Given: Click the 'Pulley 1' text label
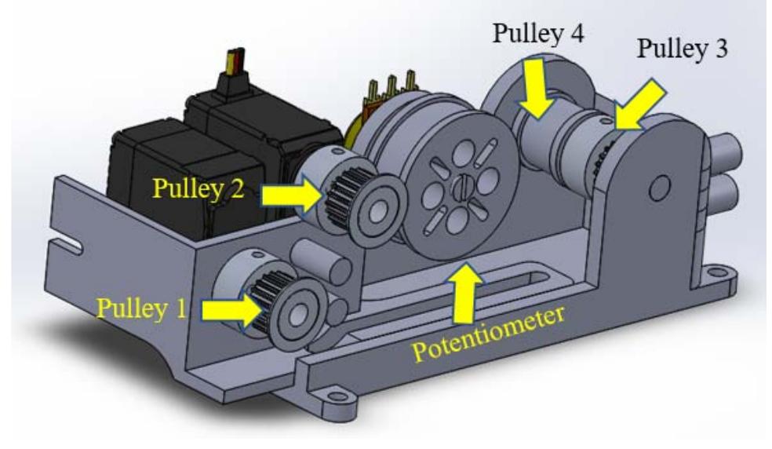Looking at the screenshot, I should pyautogui.click(x=141, y=308).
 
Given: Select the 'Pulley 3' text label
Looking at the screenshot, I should pyautogui.click(x=682, y=50).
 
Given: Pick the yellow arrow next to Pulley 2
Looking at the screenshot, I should pyautogui.click(x=291, y=195).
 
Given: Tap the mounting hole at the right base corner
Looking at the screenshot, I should pyautogui.click(x=716, y=275).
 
